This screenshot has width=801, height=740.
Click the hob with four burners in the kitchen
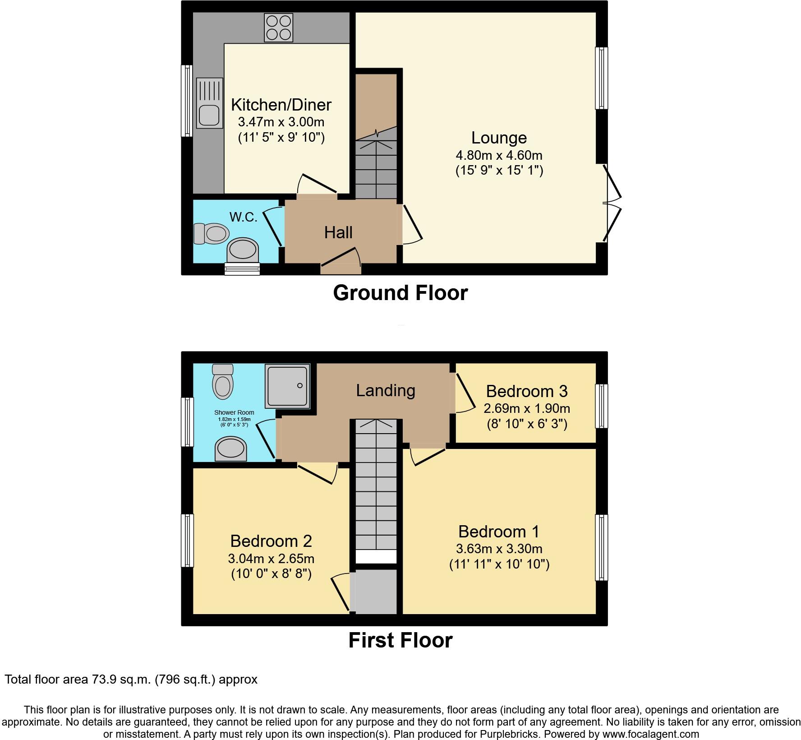point(279,28)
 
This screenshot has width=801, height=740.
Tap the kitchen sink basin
point(209,115)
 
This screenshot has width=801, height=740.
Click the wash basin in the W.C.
point(243,250)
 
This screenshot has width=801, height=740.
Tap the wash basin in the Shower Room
point(231,449)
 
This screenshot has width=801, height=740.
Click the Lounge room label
point(499,138)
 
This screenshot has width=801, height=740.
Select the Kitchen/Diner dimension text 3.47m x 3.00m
point(281,122)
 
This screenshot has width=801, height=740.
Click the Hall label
point(338,233)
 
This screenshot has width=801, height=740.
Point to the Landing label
point(386,390)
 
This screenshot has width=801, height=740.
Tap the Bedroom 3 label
point(527,391)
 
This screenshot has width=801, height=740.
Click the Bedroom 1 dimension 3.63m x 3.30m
point(499,549)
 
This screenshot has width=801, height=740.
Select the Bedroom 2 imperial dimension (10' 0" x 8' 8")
point(272,573)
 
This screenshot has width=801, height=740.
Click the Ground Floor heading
point(400,293)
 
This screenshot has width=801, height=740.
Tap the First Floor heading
point(400,640)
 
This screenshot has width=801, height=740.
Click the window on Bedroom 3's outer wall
point(602,406)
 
